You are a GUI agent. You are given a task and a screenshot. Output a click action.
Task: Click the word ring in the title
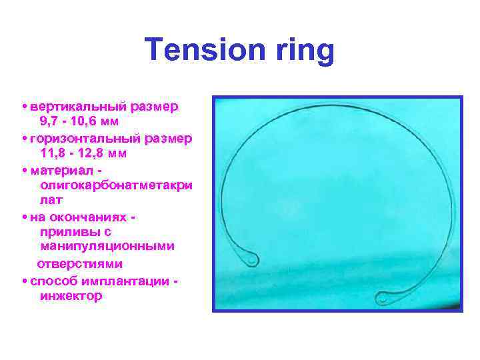(x=301, y=50)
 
